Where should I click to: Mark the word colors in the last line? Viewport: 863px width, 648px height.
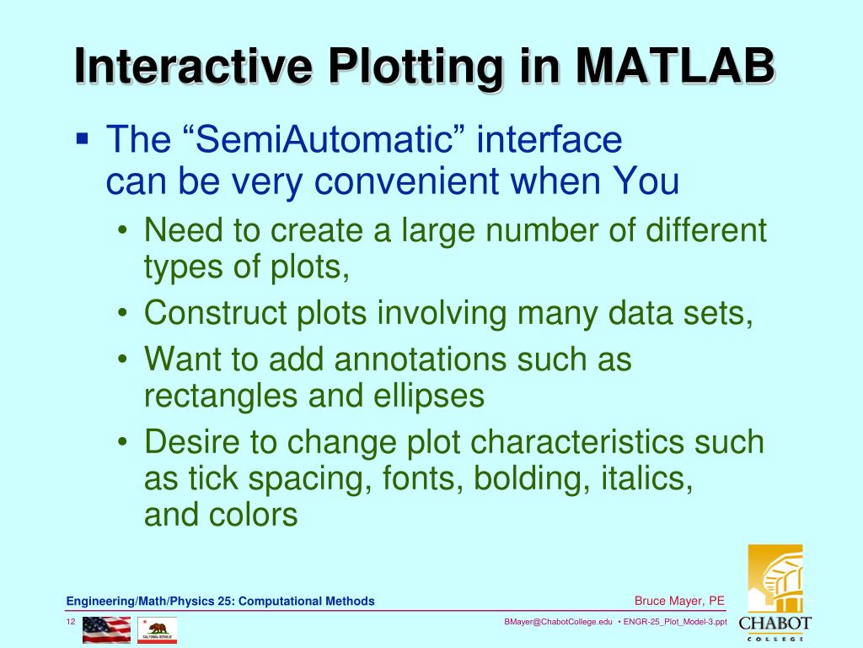[256, 515]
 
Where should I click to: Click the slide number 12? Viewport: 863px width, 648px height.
[72, 622]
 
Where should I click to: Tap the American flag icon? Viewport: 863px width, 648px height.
[106, 629]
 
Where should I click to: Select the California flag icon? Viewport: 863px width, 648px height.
[158, 629]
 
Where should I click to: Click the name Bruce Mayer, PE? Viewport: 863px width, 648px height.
[679, 601]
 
